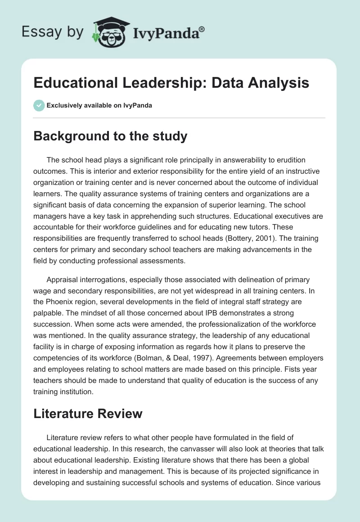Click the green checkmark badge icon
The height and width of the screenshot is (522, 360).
(x=39, y=105)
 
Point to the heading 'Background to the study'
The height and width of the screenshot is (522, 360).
(x=110, y=136)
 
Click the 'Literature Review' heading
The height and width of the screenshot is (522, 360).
(x=88, y=414)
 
